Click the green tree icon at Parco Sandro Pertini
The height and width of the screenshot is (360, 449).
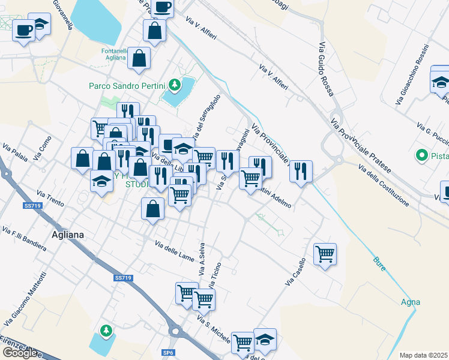(x=175, y=85)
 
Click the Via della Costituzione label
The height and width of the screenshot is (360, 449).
(x=384, y=185)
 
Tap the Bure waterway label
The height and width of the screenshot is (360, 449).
(x=379, y=263)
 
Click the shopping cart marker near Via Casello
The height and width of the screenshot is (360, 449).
(x=325, y=253)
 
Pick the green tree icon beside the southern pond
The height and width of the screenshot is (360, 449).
(x=106, y=330)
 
